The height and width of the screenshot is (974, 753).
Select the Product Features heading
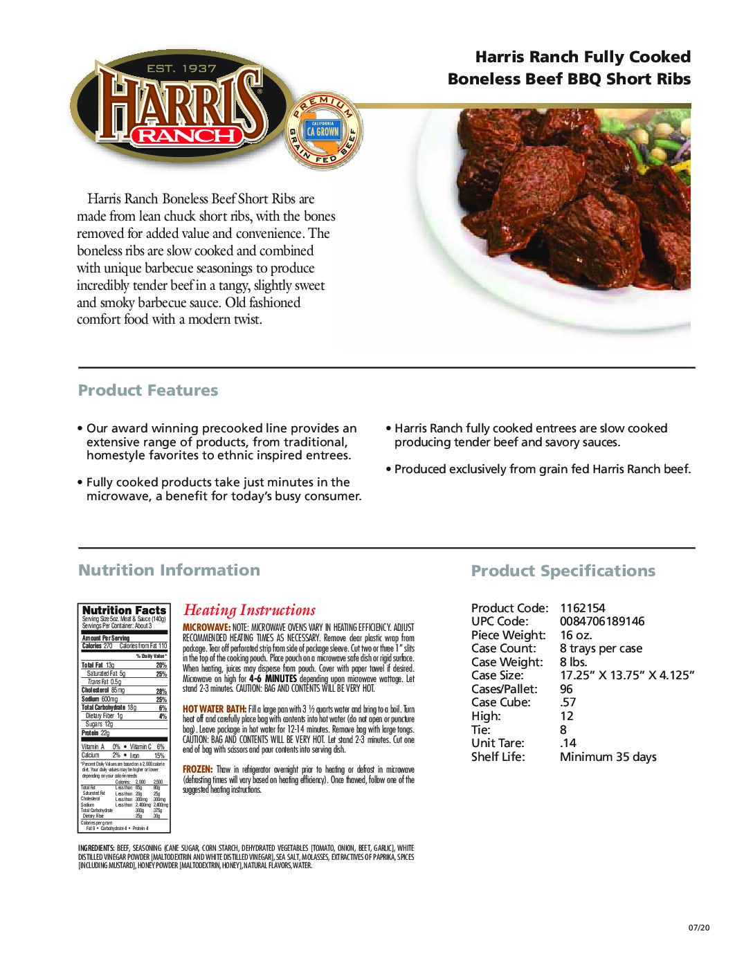pos(147,391)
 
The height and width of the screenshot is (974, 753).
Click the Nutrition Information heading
pos(169,570)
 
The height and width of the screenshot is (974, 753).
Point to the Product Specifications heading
pos(563,571)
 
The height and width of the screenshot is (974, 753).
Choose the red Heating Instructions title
pos(249,610)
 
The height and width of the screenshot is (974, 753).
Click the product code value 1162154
pos(582,608)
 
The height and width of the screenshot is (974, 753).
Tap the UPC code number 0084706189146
pos(601,621)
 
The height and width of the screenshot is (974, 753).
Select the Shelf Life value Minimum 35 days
pos(608,757)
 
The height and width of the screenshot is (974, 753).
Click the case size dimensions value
pos(626,675)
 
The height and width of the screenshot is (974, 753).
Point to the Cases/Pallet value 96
pos(567,689)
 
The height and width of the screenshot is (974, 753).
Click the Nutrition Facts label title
pos(124,610)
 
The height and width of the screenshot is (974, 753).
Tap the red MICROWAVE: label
pos(201,626)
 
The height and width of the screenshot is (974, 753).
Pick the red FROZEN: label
pos(197,769)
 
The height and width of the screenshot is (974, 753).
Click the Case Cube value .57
pos(568,702)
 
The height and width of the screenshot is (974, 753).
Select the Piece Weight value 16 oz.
pos(576,635)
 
